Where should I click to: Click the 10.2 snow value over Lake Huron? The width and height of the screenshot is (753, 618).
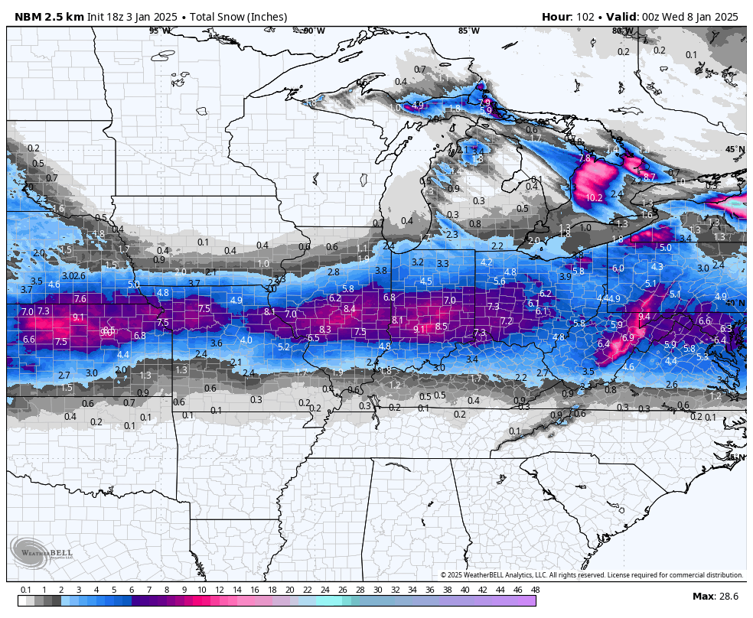tap(594, 197)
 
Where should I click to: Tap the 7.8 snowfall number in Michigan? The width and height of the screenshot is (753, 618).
tap(585, 158)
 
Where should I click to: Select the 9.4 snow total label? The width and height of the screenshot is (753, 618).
tap(644, 317)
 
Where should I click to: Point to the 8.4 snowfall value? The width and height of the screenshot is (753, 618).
tap(350, 309)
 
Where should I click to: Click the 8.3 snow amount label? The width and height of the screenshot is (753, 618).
tap(325, 330)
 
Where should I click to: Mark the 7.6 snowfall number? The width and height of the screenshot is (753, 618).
tap(80, 299)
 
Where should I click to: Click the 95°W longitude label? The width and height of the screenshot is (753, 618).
tap(160, 31)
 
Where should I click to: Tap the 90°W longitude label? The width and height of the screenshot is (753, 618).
tap(313, 31)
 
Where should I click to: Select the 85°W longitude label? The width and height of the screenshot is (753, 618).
tap(468, 31)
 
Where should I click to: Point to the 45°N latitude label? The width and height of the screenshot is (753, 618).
tap(735, 150)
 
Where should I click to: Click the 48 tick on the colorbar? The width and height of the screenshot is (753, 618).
tap(535, 590)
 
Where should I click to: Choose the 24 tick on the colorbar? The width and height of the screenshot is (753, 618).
tap(324, 590)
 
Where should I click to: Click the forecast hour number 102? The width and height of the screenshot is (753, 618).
tap(585, 17)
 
